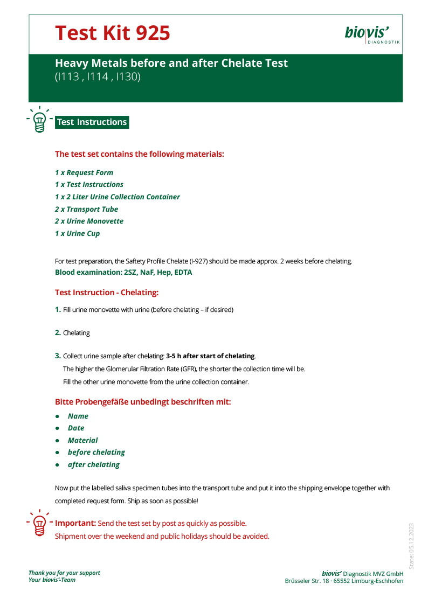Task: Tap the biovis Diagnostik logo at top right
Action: click(372, 34)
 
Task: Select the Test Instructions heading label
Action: click(92, 122)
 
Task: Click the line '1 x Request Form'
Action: click(84, 172)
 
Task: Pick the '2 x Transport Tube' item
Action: click(86, 209)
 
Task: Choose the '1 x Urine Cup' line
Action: click(77, 233)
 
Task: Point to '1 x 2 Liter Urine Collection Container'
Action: click(118, 197)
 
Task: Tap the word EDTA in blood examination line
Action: click(181, 272)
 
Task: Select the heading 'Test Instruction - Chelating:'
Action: click(107, 293)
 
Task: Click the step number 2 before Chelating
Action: click(58, 333)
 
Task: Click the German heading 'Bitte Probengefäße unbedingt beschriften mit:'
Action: click(143, 402)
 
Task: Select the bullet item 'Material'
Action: click(82, 440)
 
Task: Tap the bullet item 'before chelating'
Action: click(96, 452)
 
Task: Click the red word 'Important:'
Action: click(75, 523)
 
